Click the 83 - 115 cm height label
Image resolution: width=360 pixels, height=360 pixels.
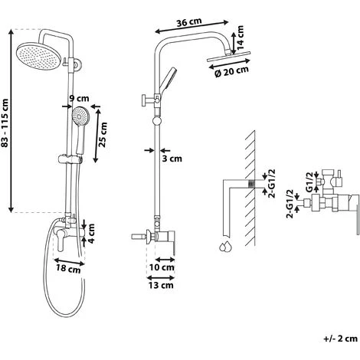coord(5,123)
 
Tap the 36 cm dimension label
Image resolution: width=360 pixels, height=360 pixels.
coord(189,22)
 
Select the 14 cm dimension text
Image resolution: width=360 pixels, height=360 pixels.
coord(240,38)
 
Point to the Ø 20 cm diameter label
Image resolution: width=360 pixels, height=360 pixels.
coord(231,72)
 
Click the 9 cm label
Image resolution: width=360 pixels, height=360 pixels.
coord(79,98)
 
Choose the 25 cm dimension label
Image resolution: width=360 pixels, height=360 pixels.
coord(103,135)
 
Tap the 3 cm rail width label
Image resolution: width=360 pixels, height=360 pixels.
coord(172,159)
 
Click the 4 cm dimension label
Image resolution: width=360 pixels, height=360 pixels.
coord(91,233)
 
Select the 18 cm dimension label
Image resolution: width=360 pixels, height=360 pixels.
coord(68,269)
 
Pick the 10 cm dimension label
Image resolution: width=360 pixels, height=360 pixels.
coord(162,267)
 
